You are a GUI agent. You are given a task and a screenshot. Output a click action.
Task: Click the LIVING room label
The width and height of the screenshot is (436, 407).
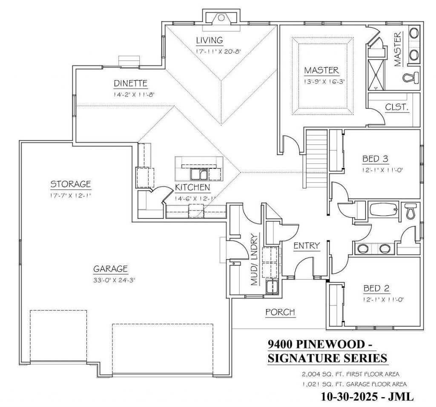coord(209,40)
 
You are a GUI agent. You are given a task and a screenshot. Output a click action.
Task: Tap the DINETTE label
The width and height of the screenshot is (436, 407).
coord(130,83)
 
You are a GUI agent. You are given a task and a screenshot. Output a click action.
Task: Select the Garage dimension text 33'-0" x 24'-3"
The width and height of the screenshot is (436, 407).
coord(114,280)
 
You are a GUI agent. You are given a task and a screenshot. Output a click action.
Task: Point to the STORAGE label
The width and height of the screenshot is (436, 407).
coord(71,184)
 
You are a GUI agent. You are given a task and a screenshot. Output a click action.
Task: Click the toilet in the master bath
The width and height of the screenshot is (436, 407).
coord(411,77)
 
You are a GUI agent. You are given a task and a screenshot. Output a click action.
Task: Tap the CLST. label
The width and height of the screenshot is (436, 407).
coord(397,107)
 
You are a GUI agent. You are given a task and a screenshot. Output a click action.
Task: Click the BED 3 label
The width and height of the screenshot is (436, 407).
coord(375,159)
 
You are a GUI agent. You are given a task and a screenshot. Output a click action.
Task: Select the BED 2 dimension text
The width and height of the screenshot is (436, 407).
coord(383,300)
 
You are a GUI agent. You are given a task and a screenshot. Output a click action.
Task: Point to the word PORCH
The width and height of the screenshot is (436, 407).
coord(280,312)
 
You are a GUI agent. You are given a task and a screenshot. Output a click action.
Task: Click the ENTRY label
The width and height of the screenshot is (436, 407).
coord(307,246)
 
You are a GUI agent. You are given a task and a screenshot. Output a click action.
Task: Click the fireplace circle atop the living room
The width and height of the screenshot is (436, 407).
coord(221,18)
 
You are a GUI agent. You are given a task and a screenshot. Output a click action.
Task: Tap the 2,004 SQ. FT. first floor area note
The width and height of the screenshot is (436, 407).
coord(351,374)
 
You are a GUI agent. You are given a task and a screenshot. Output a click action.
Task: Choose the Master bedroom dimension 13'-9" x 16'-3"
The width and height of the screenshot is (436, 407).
coord(324,81)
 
